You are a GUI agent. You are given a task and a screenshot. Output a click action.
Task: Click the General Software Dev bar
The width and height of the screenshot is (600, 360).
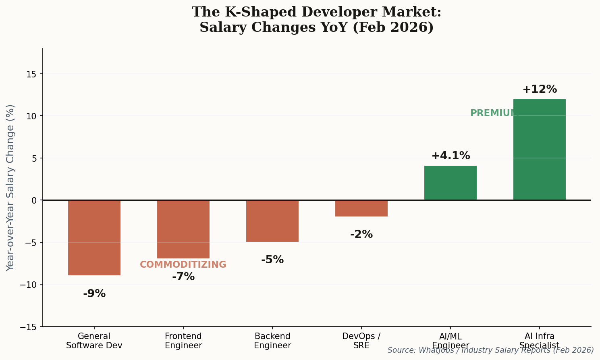pos(94,238)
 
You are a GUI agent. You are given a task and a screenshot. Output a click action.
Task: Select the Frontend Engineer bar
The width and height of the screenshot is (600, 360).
pos(183,229)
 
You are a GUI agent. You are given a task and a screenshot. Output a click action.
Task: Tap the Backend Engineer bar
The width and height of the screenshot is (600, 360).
pos(272,221)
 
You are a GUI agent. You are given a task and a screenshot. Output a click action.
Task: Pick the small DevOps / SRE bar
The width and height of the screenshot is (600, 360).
pos(361,208)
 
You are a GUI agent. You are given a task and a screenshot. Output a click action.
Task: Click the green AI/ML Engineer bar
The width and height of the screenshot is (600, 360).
pos(451,183)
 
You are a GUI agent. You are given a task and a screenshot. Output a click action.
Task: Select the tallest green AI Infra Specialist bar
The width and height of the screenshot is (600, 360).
pos(540,150)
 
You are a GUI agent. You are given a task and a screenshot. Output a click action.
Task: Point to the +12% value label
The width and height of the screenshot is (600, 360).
pos(540,89)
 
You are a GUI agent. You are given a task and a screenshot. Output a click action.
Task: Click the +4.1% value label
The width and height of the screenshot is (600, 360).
pos(451,156)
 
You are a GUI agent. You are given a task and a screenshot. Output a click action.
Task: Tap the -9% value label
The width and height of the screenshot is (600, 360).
pos(94,294)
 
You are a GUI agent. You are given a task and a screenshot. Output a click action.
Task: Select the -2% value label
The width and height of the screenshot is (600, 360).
pos(361,235)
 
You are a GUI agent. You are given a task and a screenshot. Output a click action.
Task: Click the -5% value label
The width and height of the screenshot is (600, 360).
pos(272,260)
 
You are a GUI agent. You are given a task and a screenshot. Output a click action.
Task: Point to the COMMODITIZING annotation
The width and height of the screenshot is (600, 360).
pos(183,265)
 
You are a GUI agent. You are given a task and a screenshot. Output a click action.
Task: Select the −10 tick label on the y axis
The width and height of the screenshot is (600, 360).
pos(29,285)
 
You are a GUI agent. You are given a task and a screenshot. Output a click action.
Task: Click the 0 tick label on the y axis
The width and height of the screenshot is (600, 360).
pos(34,200)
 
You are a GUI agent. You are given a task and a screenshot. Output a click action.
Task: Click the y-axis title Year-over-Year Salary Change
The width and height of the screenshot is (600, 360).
pos(10,187)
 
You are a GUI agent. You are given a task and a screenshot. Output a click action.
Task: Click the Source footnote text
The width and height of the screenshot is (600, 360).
pos(490,350)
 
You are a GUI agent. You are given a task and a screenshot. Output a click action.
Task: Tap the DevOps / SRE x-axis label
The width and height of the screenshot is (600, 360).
pos(361,341)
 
